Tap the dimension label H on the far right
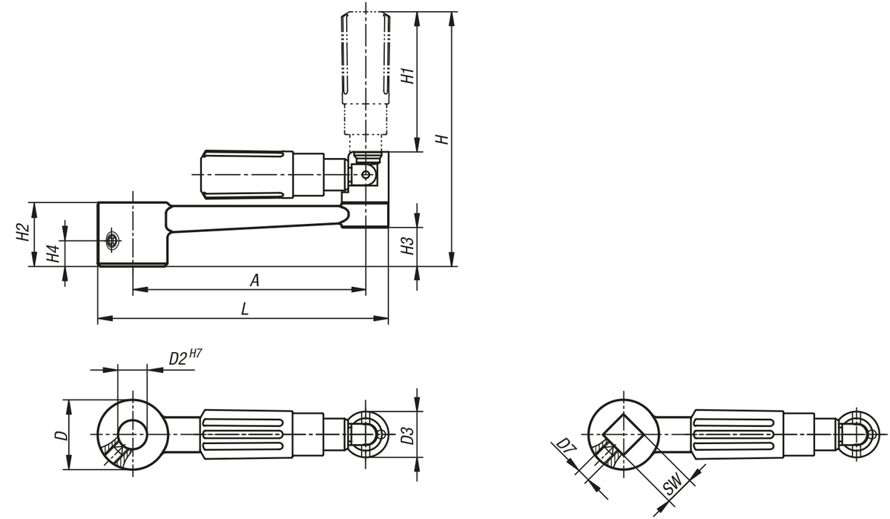(442, 139)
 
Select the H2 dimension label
(23, 232)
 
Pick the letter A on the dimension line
(254, 280)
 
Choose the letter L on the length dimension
(245, 309)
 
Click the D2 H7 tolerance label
(185, 357)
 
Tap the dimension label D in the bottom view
(61, 435)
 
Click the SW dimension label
(673, 483)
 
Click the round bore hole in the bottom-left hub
(133, 434)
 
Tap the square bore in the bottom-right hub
(624, 434)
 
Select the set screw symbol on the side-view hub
(113, 241)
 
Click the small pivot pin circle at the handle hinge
(366, 174)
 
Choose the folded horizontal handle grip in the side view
(247, 174)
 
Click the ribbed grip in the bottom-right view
(737, 434)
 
